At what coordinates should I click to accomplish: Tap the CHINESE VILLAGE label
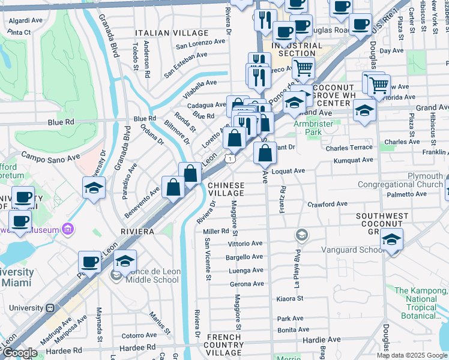point(226,189)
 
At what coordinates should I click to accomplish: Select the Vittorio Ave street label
point(246,244)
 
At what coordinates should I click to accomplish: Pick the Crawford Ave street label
point(328,204)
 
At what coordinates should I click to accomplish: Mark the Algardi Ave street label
point(25,20)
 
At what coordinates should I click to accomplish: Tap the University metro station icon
point(51,307)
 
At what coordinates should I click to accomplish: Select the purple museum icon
point(68,229)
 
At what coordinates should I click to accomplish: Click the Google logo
point(20,353)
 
